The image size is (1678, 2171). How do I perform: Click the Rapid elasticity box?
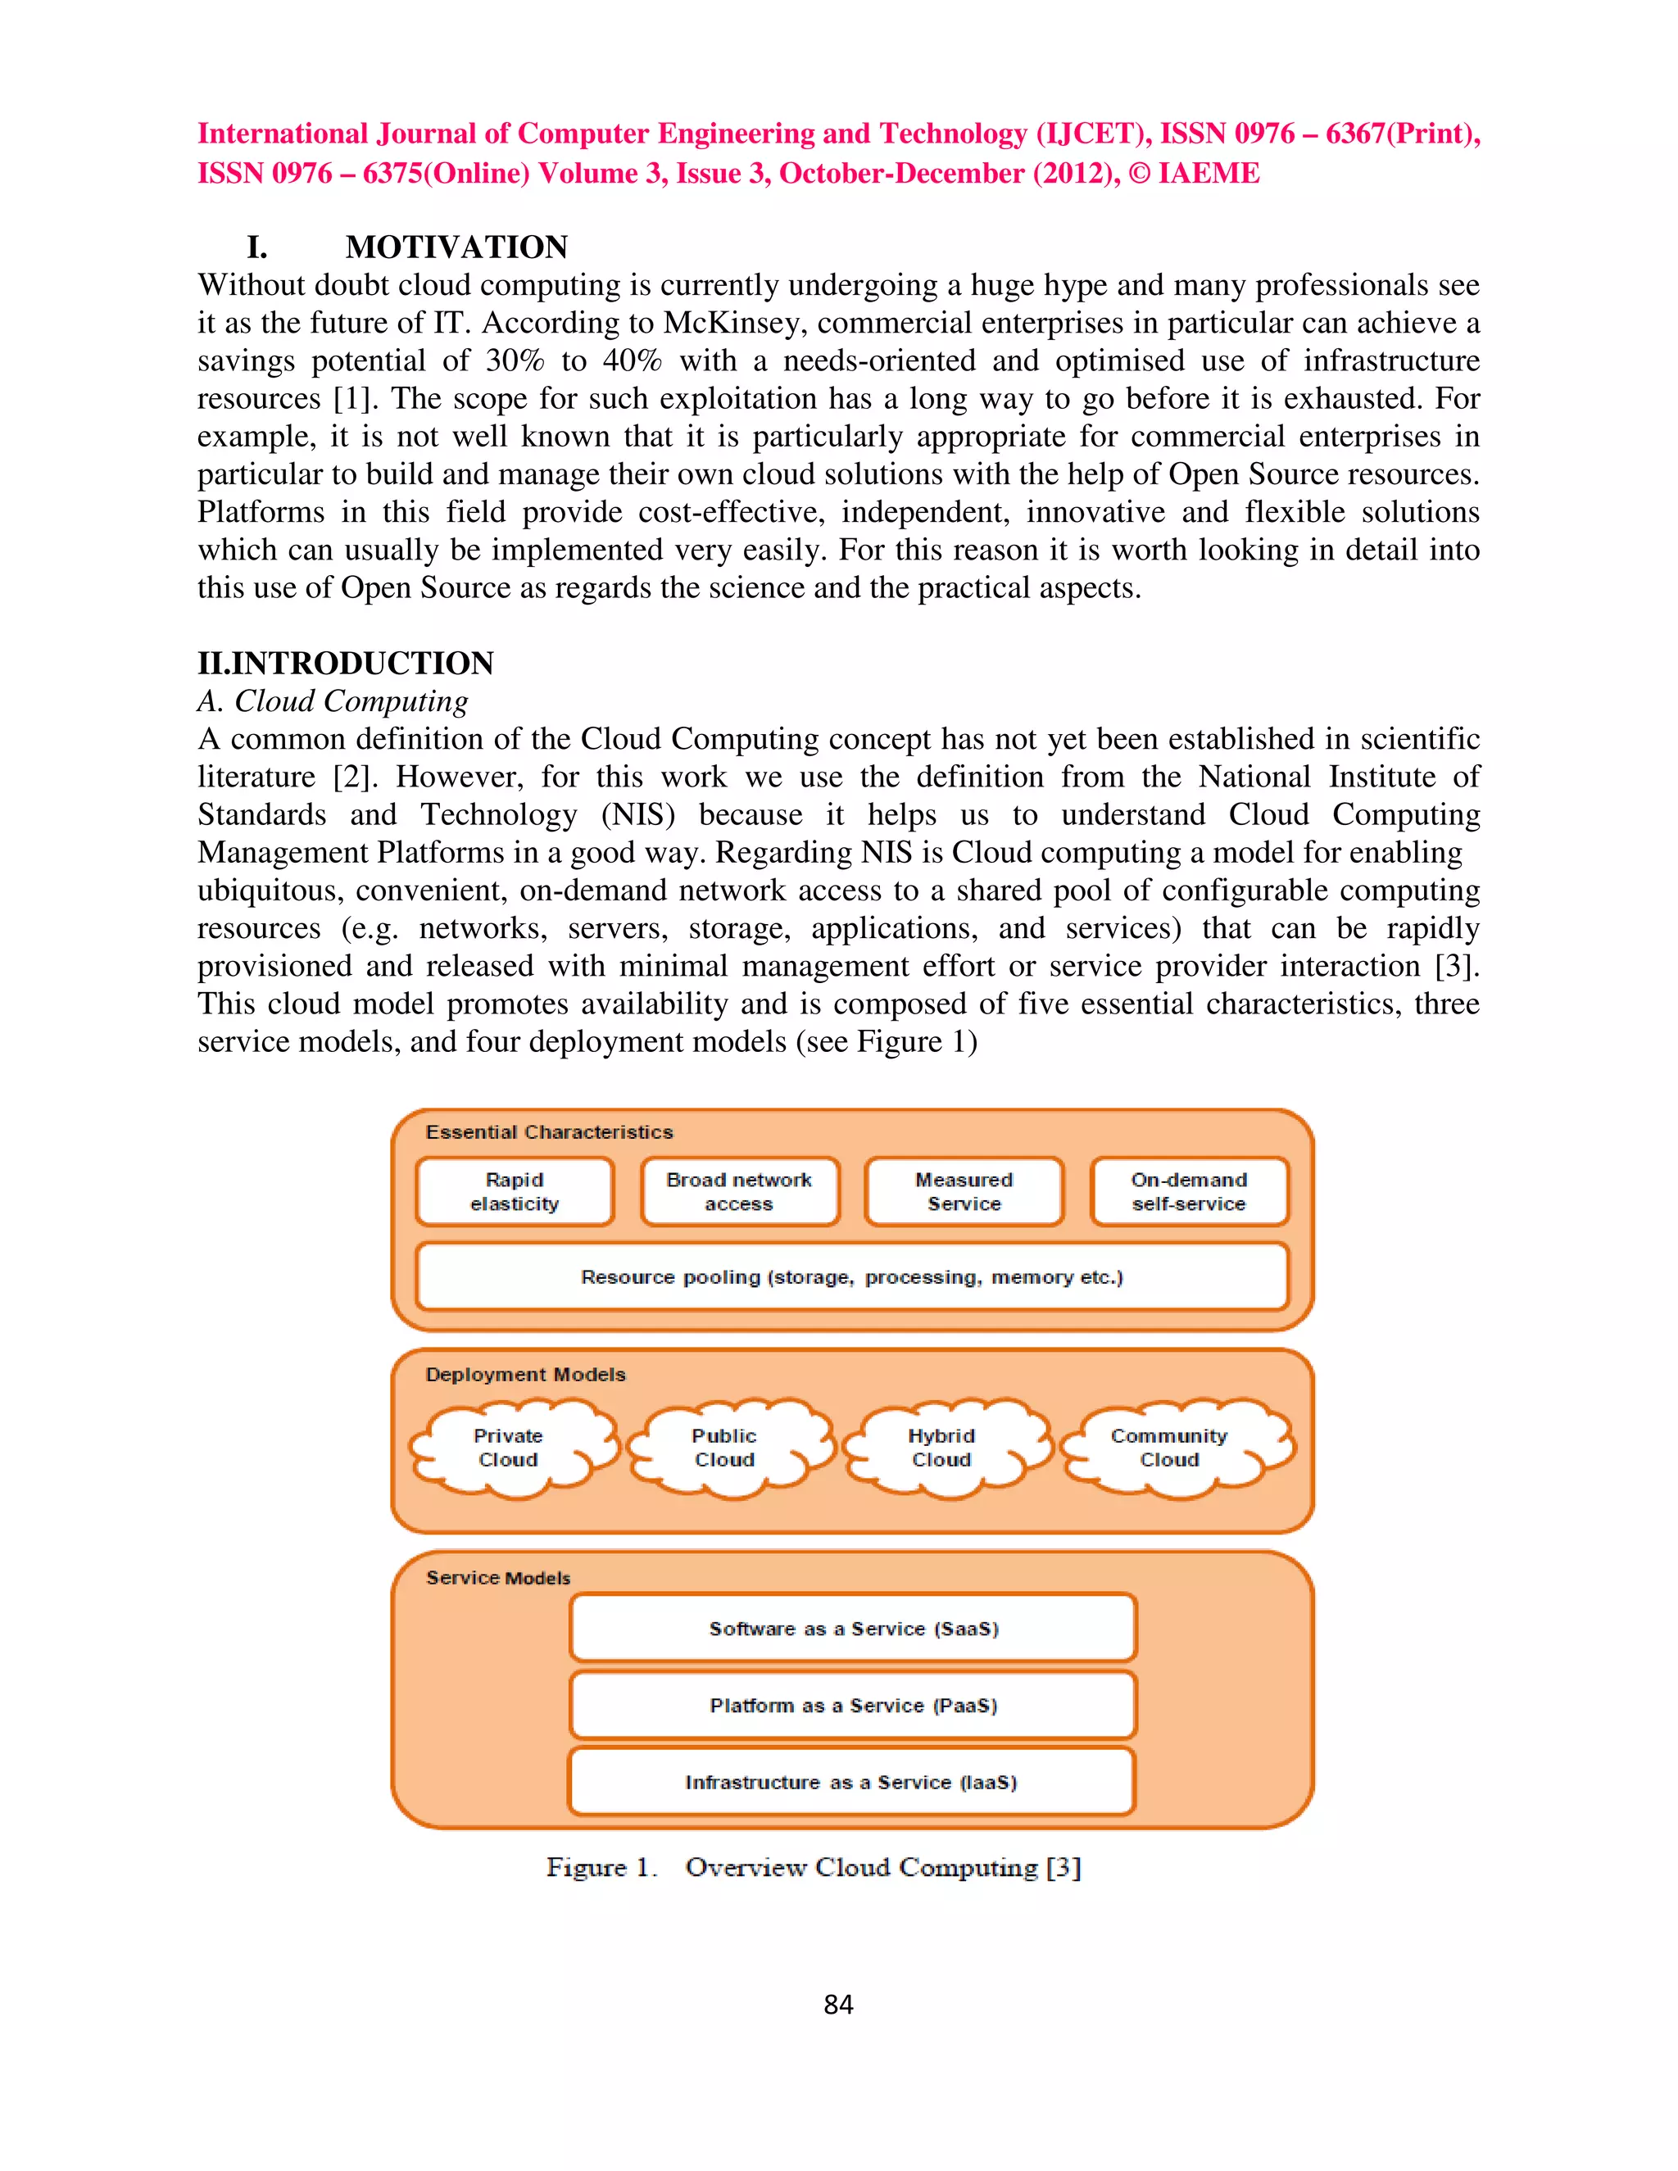[515, 1191]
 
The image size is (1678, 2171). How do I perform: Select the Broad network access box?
[740, 1191]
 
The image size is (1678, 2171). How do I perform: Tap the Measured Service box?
[964, 1191]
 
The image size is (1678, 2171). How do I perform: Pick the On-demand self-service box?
[1189, 1191]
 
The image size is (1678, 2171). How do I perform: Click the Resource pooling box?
[852, 1276]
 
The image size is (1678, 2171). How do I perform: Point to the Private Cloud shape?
[509, 1448]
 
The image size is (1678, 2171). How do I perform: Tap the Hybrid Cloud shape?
[941, 1448]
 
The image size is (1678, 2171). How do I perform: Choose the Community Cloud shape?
[1170, 1448]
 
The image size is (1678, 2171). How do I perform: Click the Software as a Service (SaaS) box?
[853, 1629]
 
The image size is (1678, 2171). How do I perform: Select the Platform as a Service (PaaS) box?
[853, 1705]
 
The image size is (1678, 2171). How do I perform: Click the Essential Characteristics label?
[549, 1131]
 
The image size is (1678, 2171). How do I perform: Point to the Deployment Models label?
[526, 1374]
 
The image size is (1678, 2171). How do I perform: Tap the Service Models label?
[498, 1578]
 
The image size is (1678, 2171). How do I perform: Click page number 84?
[838, 2004]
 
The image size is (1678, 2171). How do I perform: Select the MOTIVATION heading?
[456, 247]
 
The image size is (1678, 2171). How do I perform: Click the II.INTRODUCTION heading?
[345, 663]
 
